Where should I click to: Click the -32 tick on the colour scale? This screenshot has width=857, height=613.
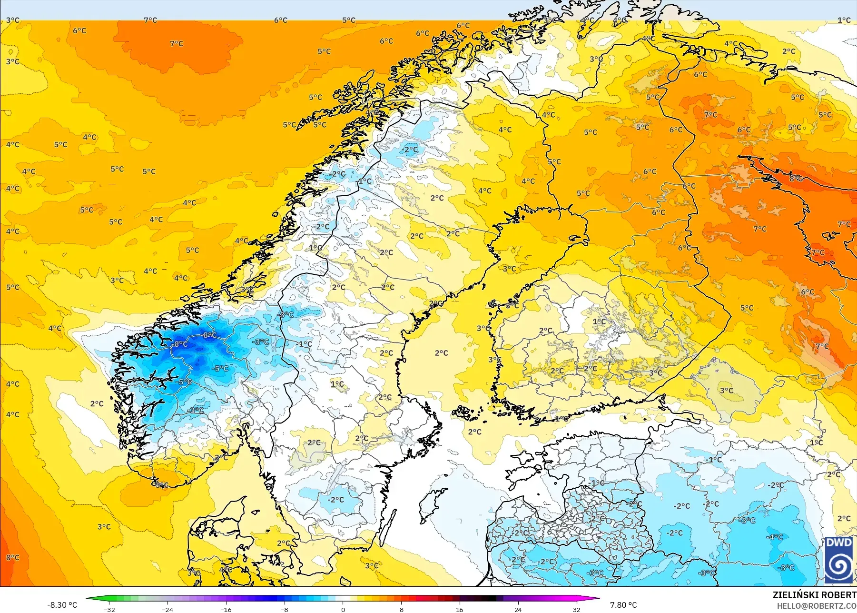(x=109, y=609)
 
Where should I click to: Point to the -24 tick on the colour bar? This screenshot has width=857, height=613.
(x=167, y=609)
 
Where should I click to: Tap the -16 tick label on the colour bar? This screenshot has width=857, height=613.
(x=226, y=609)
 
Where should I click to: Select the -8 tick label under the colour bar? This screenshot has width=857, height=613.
(x=285, y=609)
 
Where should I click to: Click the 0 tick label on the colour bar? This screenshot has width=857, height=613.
(x=343, y=609)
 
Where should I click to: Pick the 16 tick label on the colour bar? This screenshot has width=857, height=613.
(x=459, y=609)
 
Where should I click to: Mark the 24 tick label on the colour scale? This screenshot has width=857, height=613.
(x=518, y=609)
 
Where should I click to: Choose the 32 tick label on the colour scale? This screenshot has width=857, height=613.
(x=576, y=609)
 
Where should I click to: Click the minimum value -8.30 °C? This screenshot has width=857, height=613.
(x=62, y=605)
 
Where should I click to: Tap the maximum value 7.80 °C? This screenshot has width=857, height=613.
(x=623, y=605)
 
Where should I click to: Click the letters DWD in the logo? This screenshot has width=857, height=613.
(x=839, y=543)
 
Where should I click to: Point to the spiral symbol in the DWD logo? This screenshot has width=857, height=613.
(x=839, y=566)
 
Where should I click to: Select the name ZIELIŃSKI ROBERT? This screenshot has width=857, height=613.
(x=814, y=595)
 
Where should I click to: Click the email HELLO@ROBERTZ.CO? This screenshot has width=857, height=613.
(x=817, y=606)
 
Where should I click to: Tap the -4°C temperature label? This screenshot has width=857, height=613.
(x=774, y=537)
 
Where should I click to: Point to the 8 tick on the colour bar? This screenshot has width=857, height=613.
(x=402, y=609)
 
